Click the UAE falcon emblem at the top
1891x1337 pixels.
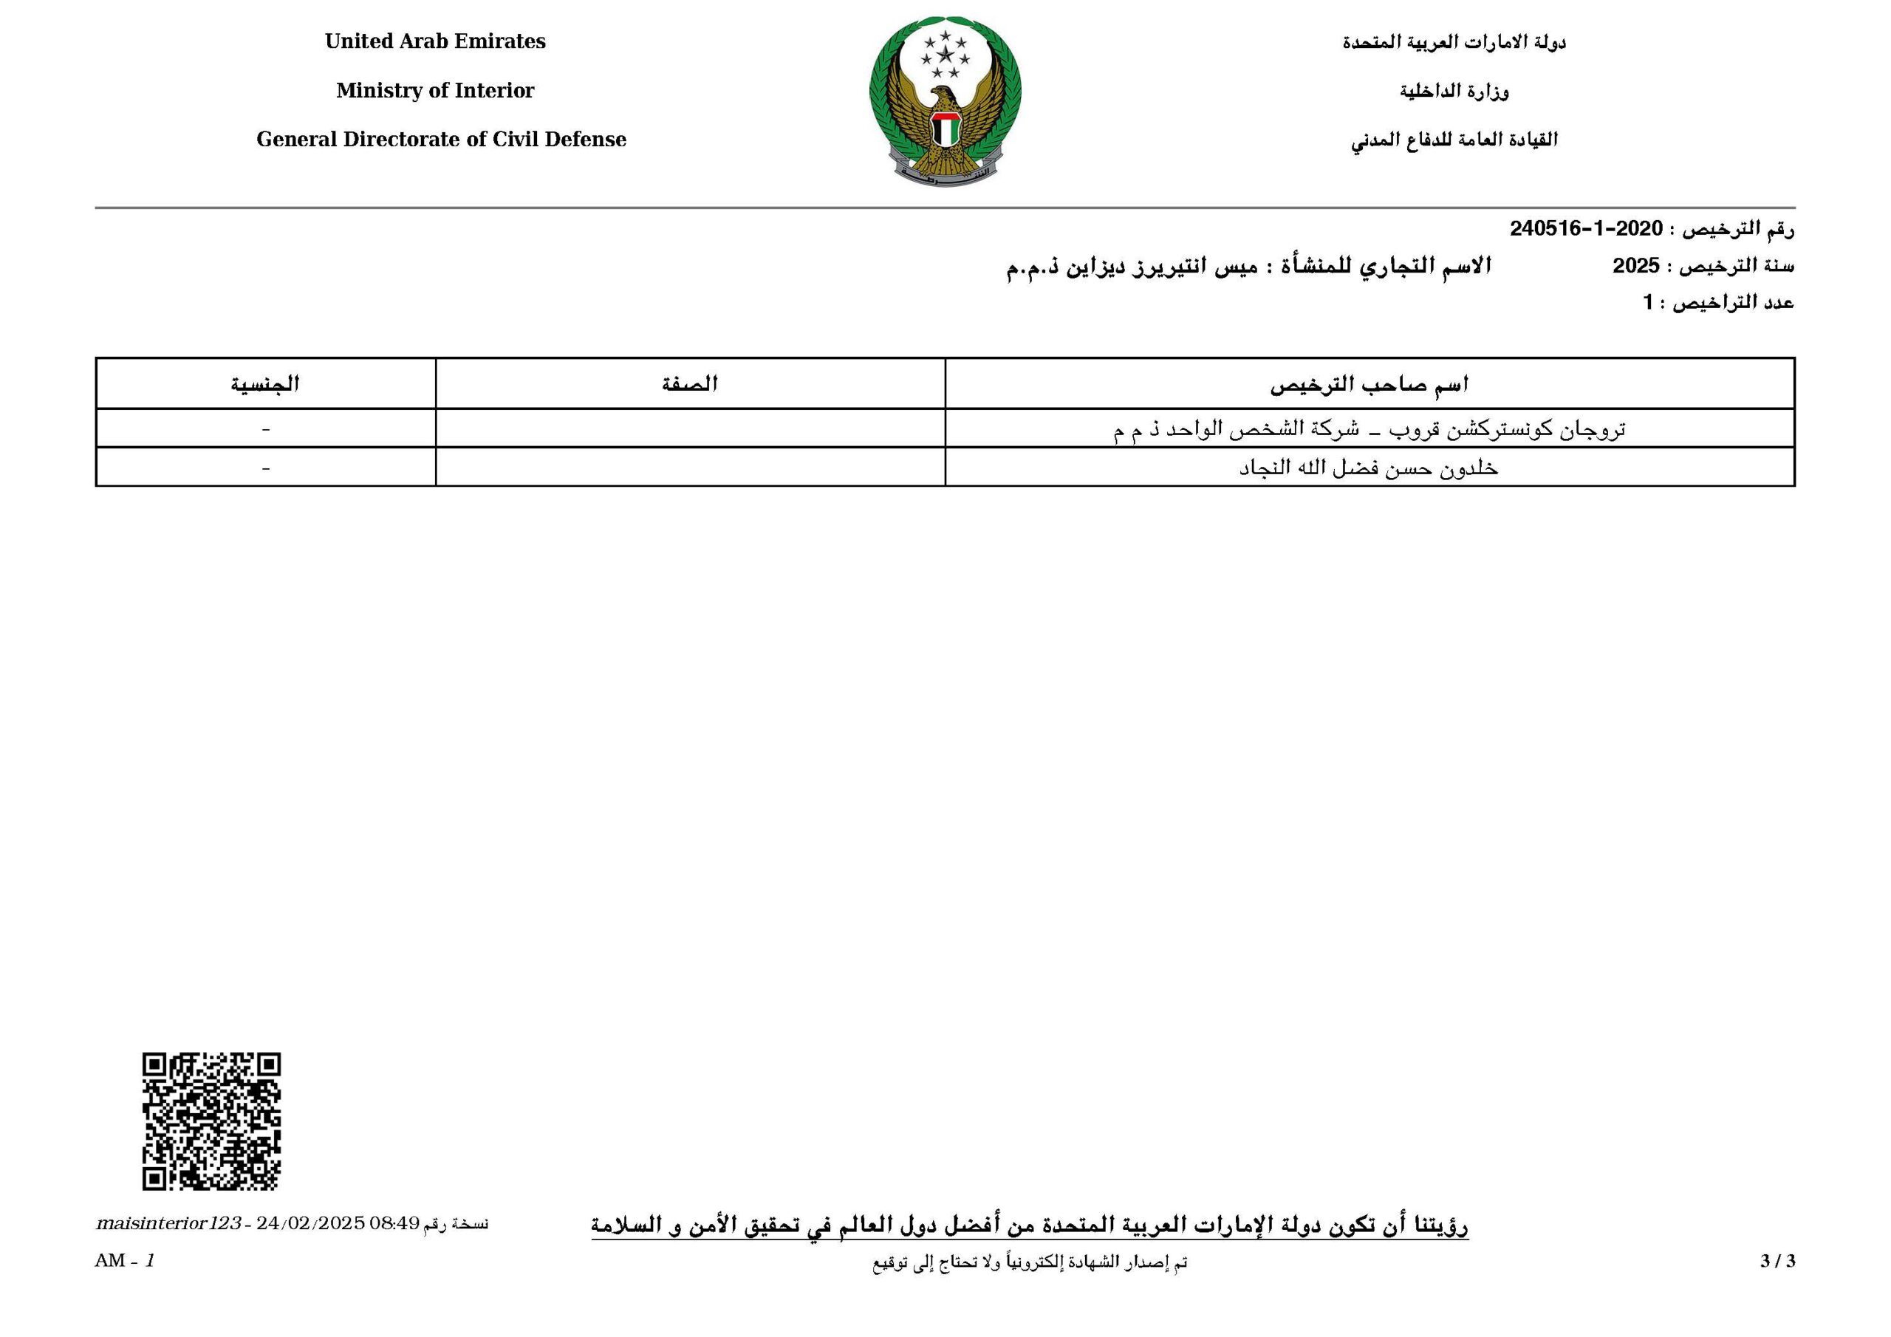coord(945,100)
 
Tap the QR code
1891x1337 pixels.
coord(212,1121)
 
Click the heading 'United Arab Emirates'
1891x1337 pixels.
coord(435,41)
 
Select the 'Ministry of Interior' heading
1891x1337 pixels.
coord(435,91)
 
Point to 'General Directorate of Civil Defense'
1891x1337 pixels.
coord(441,139)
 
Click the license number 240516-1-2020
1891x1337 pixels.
coord(1585,228)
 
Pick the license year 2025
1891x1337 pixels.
coord(1635,266)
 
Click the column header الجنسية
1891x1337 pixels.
coord(264,384)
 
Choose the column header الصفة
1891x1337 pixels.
coord(690,384)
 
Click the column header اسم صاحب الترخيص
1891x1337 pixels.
coord(1369,384)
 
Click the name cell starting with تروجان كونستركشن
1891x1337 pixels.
coord(1369,429)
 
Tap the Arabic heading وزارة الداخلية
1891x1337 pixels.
coord(1454,91)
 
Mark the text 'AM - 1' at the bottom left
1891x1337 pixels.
coord(124,1260)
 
